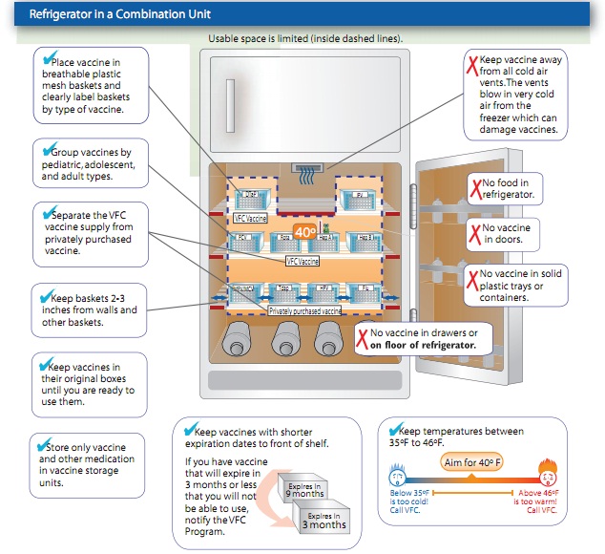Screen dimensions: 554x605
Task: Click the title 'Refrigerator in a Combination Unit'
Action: coord(120,15)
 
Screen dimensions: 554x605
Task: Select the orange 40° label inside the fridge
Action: coord(305,231)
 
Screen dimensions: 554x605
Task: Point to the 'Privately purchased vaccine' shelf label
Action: coord(305,311)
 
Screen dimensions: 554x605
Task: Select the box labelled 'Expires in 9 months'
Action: coord(306,490)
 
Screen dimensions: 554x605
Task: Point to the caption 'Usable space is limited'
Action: coord(305,39)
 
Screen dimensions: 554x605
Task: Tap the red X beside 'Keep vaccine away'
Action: coord(471,66)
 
